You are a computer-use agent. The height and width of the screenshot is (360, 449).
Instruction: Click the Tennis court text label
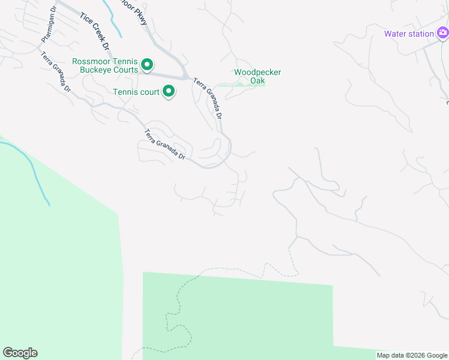click(136, 92)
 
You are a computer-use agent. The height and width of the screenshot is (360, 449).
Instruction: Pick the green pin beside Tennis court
click(169, 91)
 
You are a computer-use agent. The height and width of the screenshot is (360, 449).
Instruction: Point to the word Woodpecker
click(258, 72)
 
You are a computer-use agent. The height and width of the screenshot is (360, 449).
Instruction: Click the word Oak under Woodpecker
click(258, 80)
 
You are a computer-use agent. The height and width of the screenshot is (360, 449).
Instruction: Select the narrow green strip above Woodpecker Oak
click(240, 85)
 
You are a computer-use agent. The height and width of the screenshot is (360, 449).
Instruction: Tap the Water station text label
click(409, 34)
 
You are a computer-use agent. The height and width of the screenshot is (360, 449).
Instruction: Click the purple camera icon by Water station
click(442, 32)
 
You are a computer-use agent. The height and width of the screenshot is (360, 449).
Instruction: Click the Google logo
click(20, 353)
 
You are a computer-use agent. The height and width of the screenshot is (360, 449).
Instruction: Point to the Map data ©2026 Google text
click(411, 355)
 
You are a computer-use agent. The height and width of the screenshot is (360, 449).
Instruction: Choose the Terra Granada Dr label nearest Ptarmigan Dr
click(55, 72)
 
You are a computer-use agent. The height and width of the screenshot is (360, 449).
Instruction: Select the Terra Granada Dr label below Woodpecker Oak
click(208, 98)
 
